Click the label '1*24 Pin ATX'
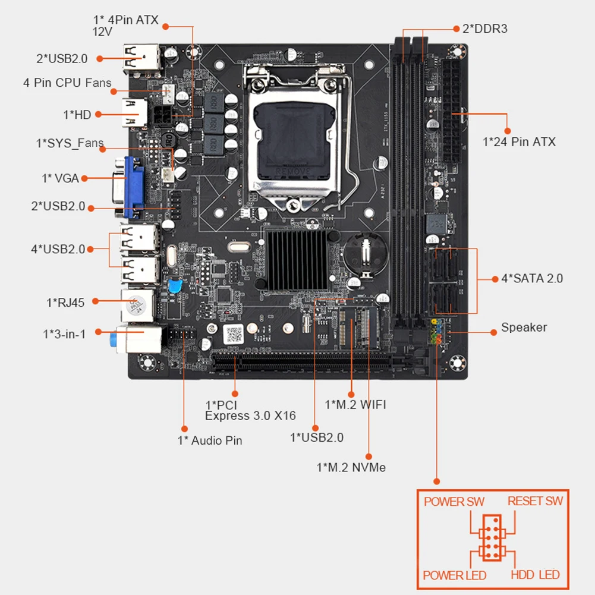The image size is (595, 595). [x=519, y=141]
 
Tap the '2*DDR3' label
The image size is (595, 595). [x=484, y=28]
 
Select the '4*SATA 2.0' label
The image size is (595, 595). [x=532, y=278]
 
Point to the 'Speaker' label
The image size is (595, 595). [x=524, y=328]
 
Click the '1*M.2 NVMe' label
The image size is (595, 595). [x=351, y=467]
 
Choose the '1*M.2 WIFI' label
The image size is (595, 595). [x=355, y=405]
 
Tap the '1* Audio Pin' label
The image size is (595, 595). [x=210, y=440]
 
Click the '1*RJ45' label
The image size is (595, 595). [x=65, y=303]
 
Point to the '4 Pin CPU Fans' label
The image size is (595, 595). [x=67, y=83]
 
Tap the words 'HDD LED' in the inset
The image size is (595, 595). [x=535, y=575]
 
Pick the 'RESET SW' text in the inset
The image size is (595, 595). [x=535, y=501]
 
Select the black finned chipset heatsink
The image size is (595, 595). [x=297, y=259]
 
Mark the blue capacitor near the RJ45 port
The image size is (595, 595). [x=175, y=286]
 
